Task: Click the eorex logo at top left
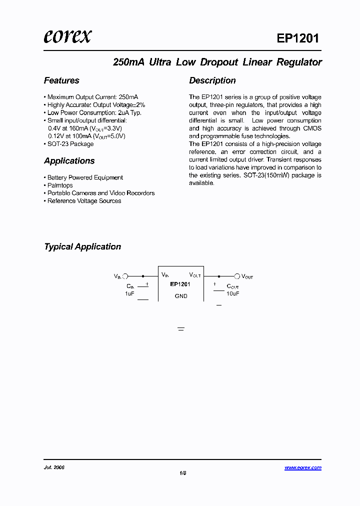coord(67,36)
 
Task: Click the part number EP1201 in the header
coord(297,38)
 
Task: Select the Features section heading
coord(61,80)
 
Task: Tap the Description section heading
coord(212,80)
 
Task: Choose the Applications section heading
coord(69,161)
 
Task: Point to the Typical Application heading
coord(82,246)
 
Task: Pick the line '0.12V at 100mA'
coord(86,136)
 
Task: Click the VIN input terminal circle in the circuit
coord(125,275)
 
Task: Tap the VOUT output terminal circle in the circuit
coord(237,275)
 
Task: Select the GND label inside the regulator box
coord(181,296)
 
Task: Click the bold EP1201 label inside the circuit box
coord(180,284)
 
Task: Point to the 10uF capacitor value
coord(233,293)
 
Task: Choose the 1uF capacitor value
coord(129,293)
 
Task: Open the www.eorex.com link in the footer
coord(303,467)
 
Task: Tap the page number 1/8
coord(182,472)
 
